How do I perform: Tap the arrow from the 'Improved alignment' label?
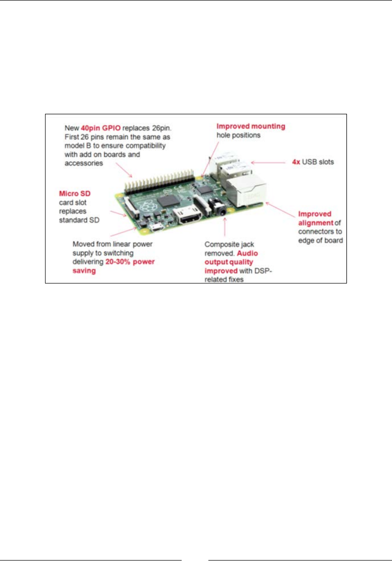pyautogui.click(x=283, y=207)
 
